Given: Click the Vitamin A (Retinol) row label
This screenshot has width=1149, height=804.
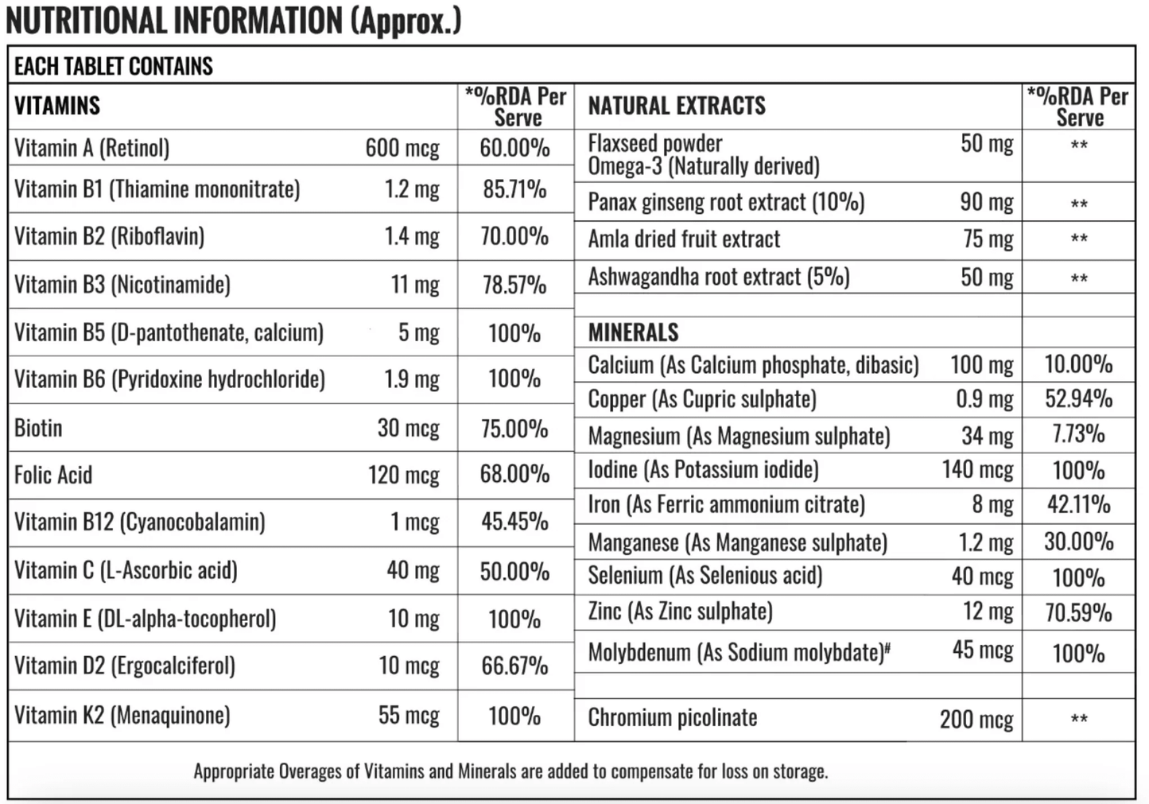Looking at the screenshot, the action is [91, 148].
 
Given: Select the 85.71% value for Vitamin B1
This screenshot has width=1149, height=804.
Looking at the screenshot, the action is [514, 189].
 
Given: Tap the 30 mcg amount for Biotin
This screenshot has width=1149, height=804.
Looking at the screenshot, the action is [408, 428].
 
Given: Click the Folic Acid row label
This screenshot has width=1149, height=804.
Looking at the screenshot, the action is [53, 475].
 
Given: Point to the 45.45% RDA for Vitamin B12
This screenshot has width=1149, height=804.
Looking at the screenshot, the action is [514, 522].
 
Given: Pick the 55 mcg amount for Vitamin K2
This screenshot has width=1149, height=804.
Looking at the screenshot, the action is [409, 715].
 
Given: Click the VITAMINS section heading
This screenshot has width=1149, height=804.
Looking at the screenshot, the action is [57, 106].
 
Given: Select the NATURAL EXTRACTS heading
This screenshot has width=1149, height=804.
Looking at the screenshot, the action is [677, 106].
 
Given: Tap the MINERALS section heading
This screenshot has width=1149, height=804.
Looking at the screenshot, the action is [634, 332].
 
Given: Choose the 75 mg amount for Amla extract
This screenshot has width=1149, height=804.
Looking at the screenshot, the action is [988, 239].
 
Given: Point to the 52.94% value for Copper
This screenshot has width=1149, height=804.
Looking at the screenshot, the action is [1079, 398].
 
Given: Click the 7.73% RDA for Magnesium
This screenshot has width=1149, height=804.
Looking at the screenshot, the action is [1078, 434].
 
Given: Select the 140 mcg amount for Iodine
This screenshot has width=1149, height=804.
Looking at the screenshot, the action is [978, 469].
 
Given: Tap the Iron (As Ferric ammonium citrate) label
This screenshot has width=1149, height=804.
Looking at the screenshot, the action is [726, 504].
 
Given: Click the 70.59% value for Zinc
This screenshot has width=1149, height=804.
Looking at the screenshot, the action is [1079, 613].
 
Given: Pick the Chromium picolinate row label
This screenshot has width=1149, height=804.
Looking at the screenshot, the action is [673, 718].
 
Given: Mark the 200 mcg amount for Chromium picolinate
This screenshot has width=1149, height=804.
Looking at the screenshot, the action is [976, 720].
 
